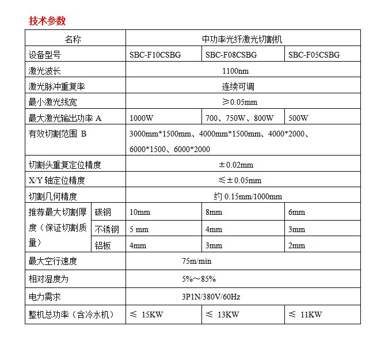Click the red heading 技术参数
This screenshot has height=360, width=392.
[47, 21]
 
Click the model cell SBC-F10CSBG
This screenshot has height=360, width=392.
[155, 55]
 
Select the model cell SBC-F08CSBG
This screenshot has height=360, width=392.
[231, 55]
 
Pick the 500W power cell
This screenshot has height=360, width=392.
[298, 118]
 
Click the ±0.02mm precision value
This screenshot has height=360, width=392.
[235, 165]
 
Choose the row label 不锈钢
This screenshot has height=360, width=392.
[107, 229]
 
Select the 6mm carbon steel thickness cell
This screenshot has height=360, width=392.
[297, 212]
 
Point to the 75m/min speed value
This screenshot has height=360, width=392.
[197, 262]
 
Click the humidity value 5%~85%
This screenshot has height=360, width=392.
[199, 279]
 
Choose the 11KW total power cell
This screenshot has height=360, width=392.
[305, 314]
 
